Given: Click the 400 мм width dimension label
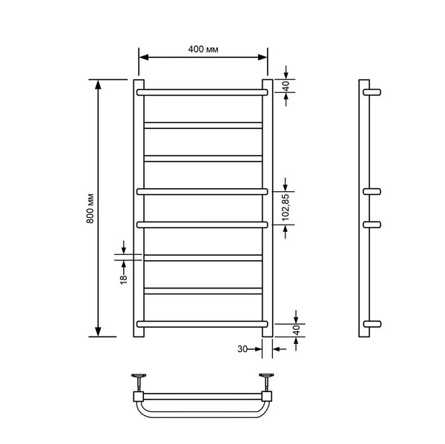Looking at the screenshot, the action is (x=203, y=50).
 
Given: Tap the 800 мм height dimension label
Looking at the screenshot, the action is (x=90, y=208).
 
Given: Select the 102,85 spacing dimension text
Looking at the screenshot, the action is (x=286, y=208).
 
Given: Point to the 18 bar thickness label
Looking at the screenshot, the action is (x=123, y=279).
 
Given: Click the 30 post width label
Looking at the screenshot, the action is (x=243, y=349).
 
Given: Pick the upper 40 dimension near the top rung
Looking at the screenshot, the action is (x=286, y=86).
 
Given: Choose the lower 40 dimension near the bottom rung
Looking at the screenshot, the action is (x=296, y=330).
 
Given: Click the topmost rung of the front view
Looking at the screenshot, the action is (x=202, y=92).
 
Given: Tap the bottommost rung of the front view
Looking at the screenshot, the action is (x=202, y=324).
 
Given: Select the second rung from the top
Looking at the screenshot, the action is (x=203, y=125).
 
